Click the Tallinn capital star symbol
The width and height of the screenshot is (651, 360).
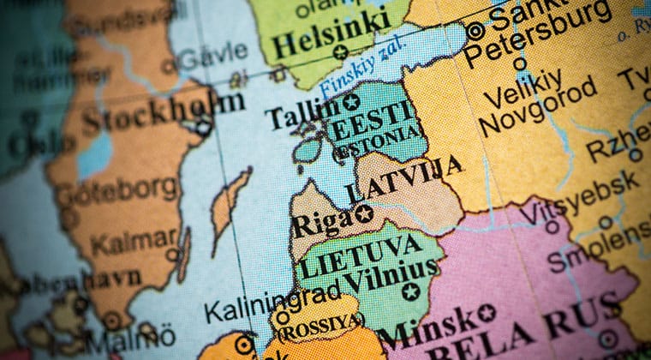(350, 102)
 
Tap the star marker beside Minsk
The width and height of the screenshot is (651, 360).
(486, 313)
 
